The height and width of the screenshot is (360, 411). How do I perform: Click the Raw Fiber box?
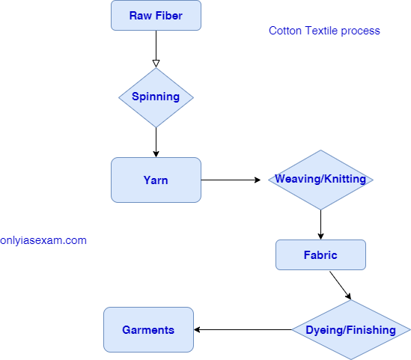click(156, 16)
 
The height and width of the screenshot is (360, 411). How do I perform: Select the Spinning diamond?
click(156, 97)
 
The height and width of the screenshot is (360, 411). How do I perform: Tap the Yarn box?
click(156, 180)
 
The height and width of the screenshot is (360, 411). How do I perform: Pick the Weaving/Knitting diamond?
click(320, 180)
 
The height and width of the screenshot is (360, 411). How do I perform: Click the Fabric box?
click(320, 254)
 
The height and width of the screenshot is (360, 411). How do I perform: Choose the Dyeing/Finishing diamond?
click(350, 330)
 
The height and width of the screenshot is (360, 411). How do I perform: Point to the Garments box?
click(148, 329)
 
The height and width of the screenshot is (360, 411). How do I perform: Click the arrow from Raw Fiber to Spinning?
click(156, 46)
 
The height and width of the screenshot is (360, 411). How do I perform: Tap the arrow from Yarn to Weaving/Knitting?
click(234, 180)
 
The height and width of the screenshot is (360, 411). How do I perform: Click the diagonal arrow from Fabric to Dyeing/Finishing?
click(340, 284)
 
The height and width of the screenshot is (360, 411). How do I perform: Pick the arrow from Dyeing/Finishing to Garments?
click(243, 329)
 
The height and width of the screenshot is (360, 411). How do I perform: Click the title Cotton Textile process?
click(324, 31)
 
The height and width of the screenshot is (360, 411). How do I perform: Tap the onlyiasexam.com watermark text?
click(43, 240)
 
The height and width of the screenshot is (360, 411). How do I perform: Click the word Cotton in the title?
click(284, 31)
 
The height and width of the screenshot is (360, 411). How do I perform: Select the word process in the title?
click(361, 31)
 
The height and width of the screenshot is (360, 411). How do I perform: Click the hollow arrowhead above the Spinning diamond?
click(156, 64)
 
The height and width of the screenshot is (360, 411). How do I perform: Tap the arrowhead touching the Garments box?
click(198, 329)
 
